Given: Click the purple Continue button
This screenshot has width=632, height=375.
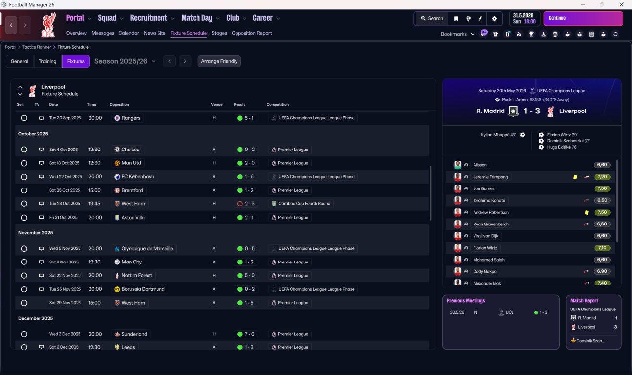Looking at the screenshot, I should (x=583, y=18).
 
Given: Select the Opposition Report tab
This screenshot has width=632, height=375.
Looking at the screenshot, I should (x=251, y=33).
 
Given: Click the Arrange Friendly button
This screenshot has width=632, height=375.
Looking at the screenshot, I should (x=219, y=61).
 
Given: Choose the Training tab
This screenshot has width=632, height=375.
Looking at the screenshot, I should (x=47, y=61).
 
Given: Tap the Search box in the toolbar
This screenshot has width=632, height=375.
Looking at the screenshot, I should (x=432, y=18).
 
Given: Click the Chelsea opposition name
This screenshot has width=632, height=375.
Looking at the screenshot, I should (x=130, y=150).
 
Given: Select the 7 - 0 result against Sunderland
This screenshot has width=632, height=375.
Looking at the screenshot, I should (x=246, y=334).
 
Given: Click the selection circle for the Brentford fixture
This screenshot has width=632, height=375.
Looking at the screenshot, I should (x=24, y=190).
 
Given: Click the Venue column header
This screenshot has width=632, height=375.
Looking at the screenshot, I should (x=217, y=105).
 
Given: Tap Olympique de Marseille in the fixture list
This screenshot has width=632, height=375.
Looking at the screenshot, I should (x=147, y=249).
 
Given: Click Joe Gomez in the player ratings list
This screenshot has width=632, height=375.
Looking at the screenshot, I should (x=483, y=188).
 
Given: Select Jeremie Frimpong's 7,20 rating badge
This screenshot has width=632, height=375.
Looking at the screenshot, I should (x=602, y=177).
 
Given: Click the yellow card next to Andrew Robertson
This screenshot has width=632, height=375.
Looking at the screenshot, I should (x=586, y=212).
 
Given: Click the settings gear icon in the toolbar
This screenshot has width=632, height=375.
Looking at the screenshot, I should (x=494, y=18).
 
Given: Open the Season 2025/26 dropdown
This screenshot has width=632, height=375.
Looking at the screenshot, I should (x=125, y=61).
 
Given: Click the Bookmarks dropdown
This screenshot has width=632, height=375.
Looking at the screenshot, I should (x=458, y=34).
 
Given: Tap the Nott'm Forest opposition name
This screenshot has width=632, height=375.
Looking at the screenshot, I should (x=137, y=276).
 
